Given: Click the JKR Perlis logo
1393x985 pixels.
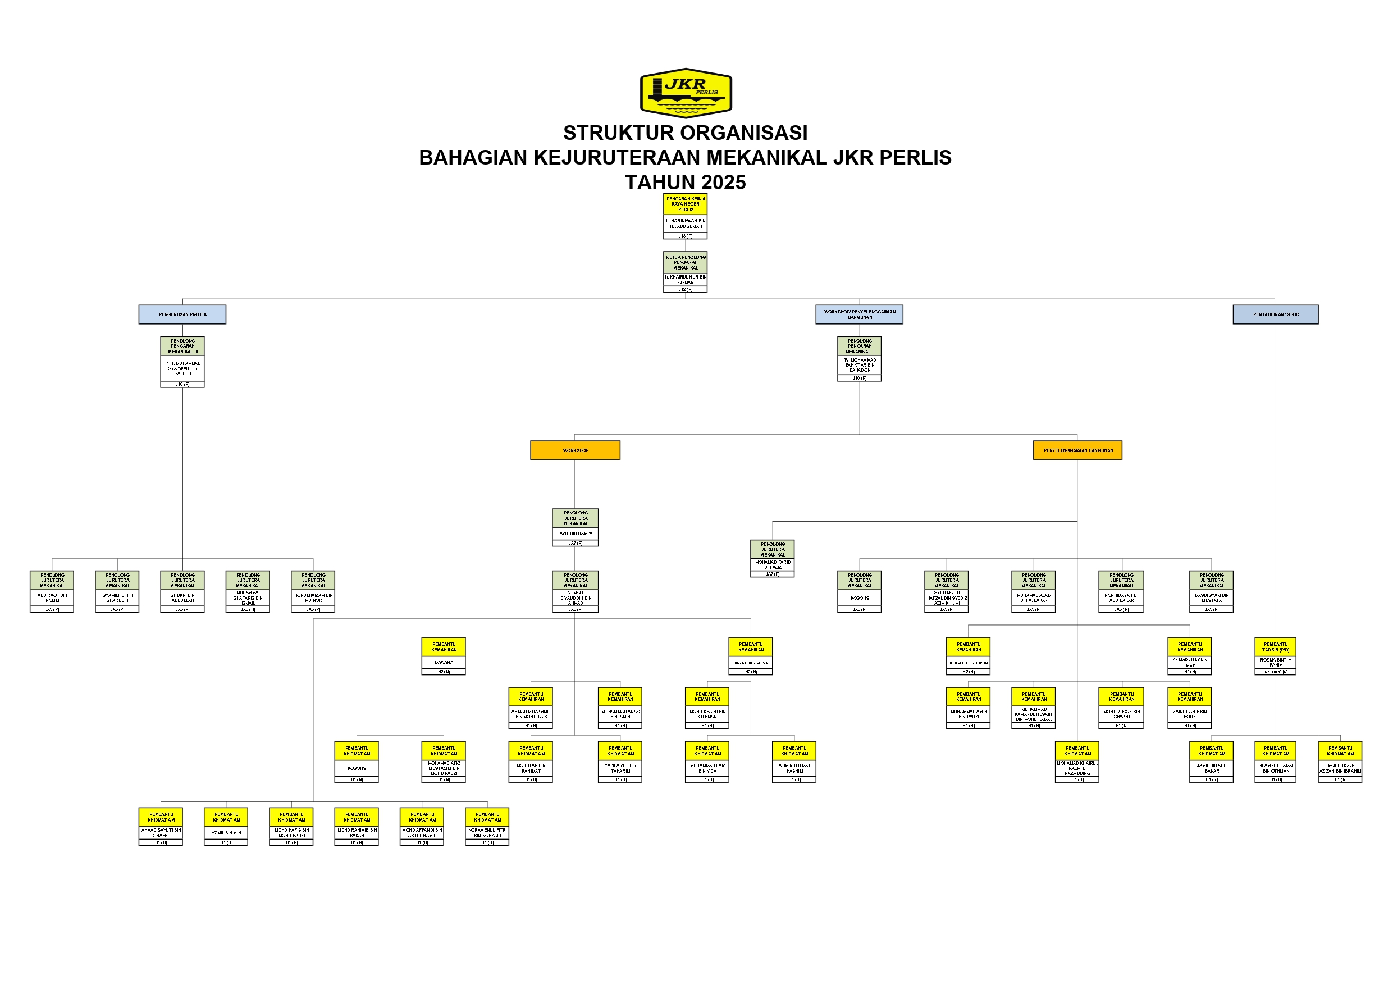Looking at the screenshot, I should tap(686, 92).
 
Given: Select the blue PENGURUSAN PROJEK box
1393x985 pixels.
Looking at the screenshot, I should tap(182, 314).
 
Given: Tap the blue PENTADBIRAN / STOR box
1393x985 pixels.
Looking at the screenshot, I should tap(1275, 314).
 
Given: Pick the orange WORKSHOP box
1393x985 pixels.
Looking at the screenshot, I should tap(575, 450).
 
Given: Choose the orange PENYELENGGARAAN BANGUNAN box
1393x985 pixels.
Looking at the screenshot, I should tap(1077, 450).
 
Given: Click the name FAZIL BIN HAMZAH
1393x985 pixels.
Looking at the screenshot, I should tap(576, 533).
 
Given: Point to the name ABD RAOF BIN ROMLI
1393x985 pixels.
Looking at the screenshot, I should tap(52, 598).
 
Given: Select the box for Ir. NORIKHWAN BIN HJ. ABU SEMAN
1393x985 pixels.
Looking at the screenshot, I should tap(686, 224).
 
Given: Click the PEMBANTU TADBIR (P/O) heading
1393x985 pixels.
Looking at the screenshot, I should tap(1275, 647).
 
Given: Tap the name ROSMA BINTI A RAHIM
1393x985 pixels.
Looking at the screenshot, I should tap(1275, 662).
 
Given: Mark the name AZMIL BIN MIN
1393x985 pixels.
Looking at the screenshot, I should tap(226, 833).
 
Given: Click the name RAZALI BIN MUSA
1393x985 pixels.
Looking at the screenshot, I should tap(751, 663).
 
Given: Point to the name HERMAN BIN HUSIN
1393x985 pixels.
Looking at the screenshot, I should tap(969, 663).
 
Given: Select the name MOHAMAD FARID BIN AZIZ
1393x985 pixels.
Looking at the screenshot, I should tap(773, 564).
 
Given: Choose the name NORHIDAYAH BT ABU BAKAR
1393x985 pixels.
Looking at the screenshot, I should tap(1121, 598).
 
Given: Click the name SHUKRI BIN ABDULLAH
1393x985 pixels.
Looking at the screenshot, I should tap(182, 598).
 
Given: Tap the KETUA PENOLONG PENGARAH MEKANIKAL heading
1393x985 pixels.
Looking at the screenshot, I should tap(686, 262).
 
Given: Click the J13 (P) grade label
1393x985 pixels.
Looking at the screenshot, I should tap(686, 236).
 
